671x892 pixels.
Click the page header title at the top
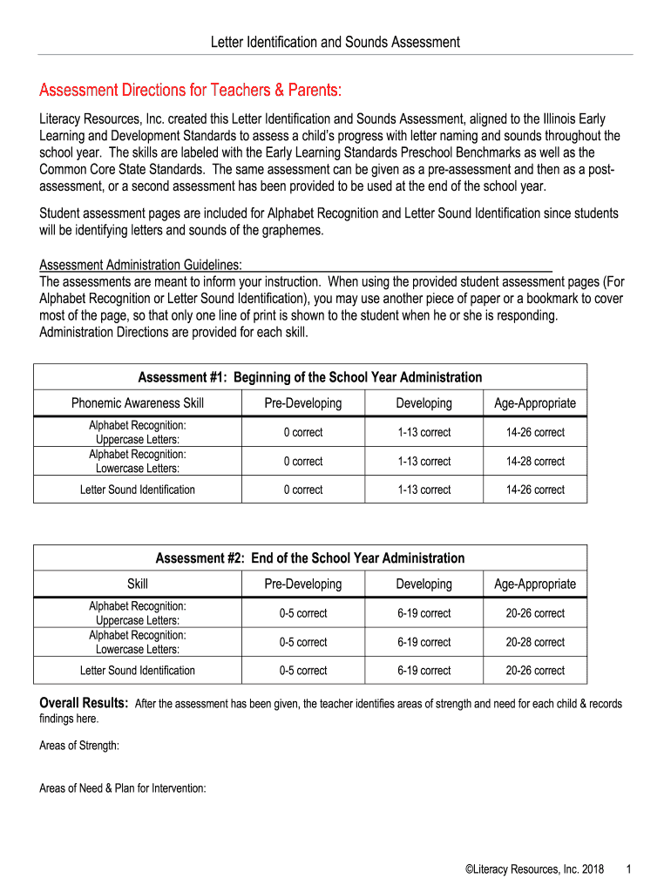click(335, 42)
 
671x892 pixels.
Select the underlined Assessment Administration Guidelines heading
click(141, 265)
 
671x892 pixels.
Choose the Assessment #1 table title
click(310, 377)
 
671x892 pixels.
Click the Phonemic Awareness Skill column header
click(138, 403)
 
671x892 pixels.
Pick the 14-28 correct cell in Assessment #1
click(535, 461)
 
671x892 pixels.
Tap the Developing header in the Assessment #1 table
click(424, 403)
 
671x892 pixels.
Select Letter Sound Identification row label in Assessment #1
click(138, 490)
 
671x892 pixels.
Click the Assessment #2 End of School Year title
click(310, 557)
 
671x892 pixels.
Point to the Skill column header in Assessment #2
click(138, 584)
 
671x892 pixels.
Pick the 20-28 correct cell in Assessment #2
click(535, 642)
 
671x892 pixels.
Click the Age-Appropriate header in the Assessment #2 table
click(535, 584)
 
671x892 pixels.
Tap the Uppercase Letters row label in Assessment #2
click(138, 620)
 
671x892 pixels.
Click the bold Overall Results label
click(85, 703)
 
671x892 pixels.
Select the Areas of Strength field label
click(80, 746)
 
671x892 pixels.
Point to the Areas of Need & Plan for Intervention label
click(123, 788)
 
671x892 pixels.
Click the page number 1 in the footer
click(628, 869)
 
